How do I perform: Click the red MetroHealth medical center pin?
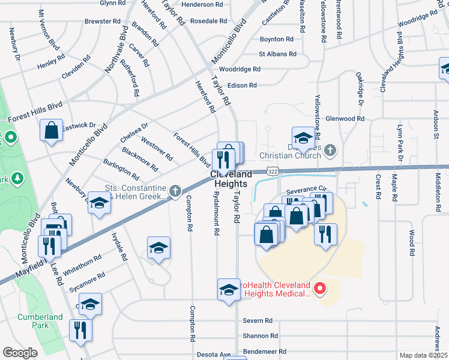[320, 289]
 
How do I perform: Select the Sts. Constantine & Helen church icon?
[175, 191]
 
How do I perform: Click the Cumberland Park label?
[40, 321]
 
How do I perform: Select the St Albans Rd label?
[278, 54]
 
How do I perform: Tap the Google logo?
[20, 353]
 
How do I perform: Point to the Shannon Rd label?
[261, 336]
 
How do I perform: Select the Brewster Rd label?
[103, 21]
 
